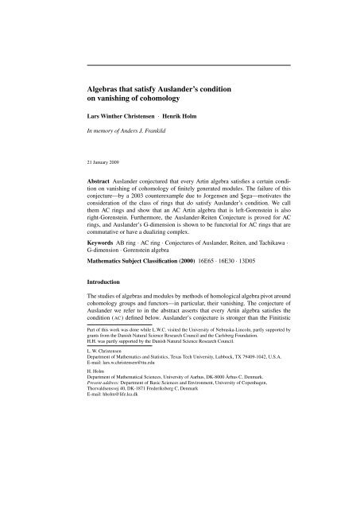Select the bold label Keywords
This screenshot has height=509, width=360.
[104, 274]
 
